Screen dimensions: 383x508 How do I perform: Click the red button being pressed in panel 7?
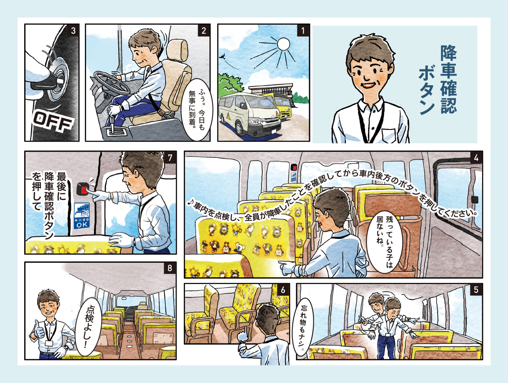point(84,190)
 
